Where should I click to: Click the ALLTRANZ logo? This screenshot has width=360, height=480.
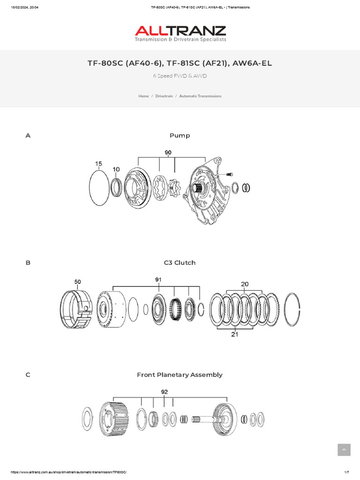click(x=180, y=33)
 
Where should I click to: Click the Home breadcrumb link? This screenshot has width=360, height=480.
click(x=143, y=96)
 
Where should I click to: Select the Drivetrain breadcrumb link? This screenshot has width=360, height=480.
click(x=164, y=96)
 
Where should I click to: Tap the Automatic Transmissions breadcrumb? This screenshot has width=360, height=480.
click(x=200, y=96)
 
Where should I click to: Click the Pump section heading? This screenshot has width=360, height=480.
click(x=180, y=135)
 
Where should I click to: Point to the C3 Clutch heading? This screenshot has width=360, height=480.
click(x=180, y=262)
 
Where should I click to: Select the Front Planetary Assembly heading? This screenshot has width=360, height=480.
click(x=180, y=375)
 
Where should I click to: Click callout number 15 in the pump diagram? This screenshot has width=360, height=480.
click(x=98, y=164)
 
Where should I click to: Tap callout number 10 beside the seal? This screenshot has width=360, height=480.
click(x=116, y=169)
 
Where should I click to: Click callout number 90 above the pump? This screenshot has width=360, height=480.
click(x=168, y=152)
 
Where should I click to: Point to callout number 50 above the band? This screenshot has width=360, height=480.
click(x=78, y=282)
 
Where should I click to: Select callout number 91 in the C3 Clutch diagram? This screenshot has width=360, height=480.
click(x=158, y=279)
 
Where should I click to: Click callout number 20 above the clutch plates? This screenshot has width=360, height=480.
click(x=245, y=284)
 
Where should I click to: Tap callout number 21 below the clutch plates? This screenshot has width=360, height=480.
click(x=235, y=335)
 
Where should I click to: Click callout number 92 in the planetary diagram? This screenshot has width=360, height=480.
click(x=164, y=392)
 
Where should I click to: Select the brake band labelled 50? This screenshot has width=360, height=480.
click(x=75, y=310)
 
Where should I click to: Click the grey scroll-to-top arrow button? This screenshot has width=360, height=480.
click(x=344, y=450)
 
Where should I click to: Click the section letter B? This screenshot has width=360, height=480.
click(x=28, y=263)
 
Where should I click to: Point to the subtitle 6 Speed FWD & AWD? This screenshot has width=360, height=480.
click(x=180, y=76)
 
